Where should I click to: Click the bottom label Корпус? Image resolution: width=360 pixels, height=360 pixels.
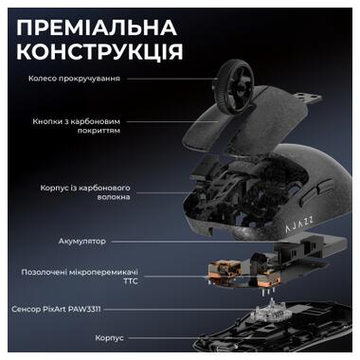point(109,336)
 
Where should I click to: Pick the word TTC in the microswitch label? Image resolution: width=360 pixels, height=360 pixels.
point(116,281)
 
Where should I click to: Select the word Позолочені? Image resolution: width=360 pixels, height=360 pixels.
point(45,271)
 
